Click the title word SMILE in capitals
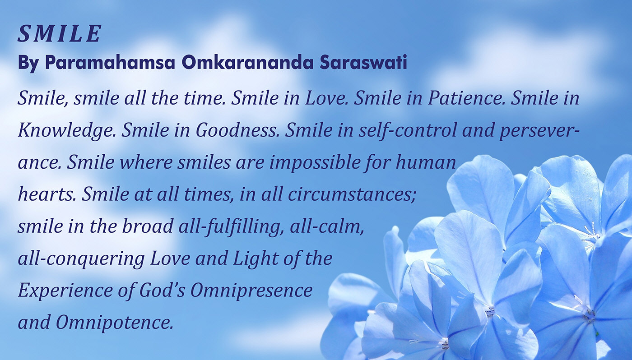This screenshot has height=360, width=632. pyautogui.click(x=59, y=33)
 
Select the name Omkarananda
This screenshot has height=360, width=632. pyautogui.click(x=247, y=62)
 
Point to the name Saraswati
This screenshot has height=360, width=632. pyautogui.click(x=363, y=62)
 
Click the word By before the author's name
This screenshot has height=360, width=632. pyautogui.click(x=28, y=64)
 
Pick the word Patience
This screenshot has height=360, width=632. pyautogui.click(x=466, y=98)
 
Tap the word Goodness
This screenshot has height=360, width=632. pyautogui.click(x=237, y=130)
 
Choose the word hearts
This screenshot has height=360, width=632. pyautogui.click(x=47, y=195)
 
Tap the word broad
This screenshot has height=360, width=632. pyautogui.click(x=148, y=226)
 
